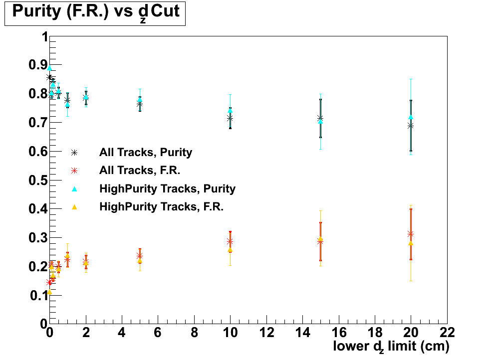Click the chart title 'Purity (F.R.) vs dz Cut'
(x=95, y=12)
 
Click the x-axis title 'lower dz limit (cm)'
(x=391, y=346)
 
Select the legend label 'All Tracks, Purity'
(x=146, y=153)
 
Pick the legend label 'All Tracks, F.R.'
(x=139, y=171)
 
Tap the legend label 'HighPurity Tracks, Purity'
(x=167, y=188)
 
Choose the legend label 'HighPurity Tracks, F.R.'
(x=161, y=206)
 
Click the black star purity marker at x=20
(x=411, y=126)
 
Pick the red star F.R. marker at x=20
(x=411, y=234)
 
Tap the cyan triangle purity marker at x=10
(x=230, y=111)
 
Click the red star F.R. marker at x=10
(x=230, y=242)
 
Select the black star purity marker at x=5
(x=140, y=105)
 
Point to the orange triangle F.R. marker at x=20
(x=411, y=243)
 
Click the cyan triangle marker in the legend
(x=74, y=188)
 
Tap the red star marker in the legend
(x=74, y=171)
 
